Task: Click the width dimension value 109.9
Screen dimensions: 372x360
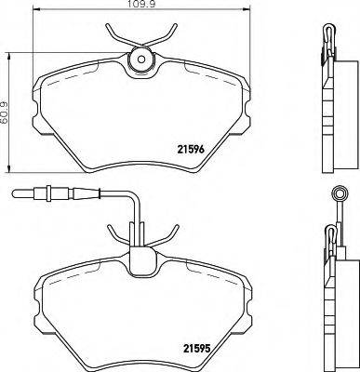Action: (x=140, y=8)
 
